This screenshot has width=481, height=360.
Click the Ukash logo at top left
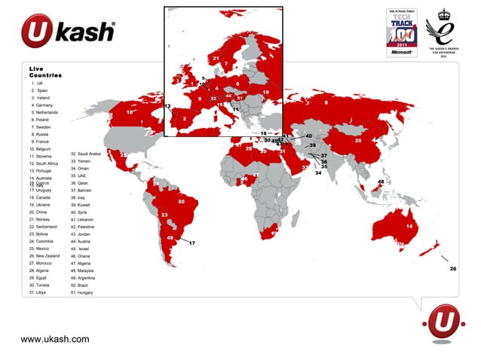click(x=69, y=32)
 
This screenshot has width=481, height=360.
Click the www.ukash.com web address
click(x=55, y=340)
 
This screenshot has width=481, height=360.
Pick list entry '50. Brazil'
click(x=79, y=285)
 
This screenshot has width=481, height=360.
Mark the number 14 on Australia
click(x=409, y=225)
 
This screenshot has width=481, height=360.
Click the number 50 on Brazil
click(x=182, y=201)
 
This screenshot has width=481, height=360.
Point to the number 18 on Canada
click(x=130, y=112)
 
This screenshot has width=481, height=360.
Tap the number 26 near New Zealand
click(x=453, y=268)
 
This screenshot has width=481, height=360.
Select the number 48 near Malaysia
click(x=381, y=182)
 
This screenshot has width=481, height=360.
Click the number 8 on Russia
click(x=325, y=102)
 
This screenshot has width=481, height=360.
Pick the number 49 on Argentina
click(x=170, y=238)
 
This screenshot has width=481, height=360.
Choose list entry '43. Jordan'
click(x=80, y=234)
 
